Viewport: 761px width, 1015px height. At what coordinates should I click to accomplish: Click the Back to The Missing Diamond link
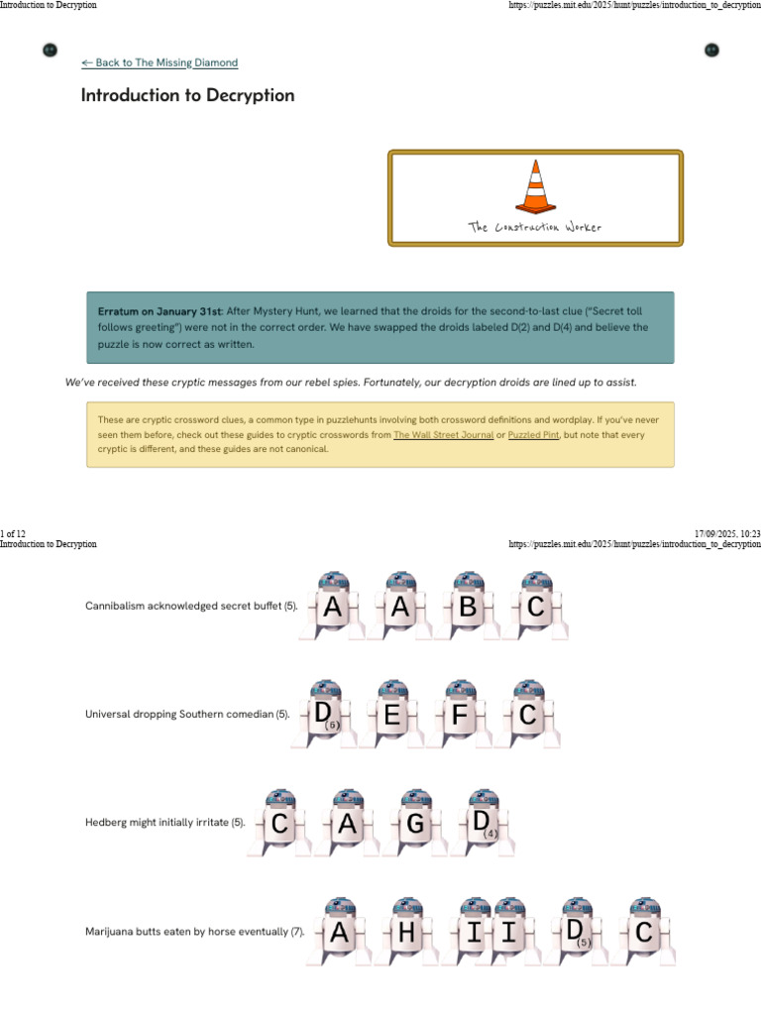(x=160, y=62)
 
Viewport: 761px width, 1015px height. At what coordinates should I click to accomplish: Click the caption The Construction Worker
(x=534, y=227)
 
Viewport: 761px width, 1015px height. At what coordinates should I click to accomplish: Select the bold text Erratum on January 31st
(x=160, y=310)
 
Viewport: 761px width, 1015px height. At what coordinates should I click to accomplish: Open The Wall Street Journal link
(x=443, y=435)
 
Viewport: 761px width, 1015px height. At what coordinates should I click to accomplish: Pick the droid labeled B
(x=468, y=607)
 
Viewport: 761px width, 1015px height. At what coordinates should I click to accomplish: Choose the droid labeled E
(x=392, y=715)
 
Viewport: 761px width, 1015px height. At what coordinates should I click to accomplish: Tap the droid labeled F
(x=459, y=715)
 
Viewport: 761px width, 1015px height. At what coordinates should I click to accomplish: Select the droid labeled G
(x=415, y=824)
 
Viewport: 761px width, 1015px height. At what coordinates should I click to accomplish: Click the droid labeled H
(x=406, y=933)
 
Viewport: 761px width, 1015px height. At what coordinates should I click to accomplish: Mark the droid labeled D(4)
(x=483, y=824)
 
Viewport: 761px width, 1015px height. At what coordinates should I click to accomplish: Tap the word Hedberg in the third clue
(x=106, y=823)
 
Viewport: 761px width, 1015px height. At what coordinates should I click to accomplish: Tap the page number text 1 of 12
(x=13, y=533)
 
